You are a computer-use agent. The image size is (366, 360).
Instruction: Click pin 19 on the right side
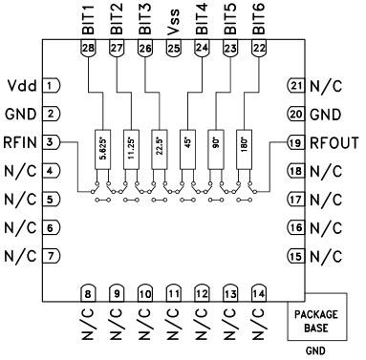pyautogui.click(x=294, y=144)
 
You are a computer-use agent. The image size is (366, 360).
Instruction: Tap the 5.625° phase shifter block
pyautogui.click(x=103, y=147)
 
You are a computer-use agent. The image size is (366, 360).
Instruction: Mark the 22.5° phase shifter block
pyautogui.click(x=159, y=147)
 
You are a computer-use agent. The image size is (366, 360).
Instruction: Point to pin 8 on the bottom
pyautogui.click(x=87, y=294)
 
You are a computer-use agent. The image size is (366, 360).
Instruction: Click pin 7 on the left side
pyautogui.click(x=54, y=256)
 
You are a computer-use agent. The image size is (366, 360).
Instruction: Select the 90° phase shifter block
pyautogui.click(x=216, y=147)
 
